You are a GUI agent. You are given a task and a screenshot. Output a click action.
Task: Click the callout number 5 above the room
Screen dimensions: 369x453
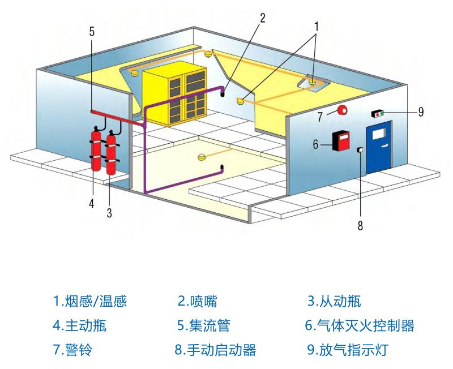(92, 31)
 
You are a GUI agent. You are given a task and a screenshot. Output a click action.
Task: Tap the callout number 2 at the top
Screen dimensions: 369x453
(262, 16)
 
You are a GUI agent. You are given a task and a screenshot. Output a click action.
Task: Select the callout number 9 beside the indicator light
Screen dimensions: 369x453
(421, 112)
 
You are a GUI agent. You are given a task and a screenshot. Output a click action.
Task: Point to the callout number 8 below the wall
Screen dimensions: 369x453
(360, 225)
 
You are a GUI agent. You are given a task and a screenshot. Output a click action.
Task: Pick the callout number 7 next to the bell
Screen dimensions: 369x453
(319, 117)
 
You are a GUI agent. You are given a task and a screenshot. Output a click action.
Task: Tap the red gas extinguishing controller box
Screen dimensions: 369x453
(341, 140)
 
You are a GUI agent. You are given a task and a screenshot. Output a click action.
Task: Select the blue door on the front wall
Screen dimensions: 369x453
(378, 149)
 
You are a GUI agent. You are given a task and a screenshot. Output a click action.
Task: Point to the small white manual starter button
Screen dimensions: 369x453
(360, 150)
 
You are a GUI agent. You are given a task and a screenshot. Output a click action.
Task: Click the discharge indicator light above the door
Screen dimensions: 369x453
(378, 114)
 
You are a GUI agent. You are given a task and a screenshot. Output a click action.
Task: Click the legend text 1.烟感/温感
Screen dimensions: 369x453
(90, 301)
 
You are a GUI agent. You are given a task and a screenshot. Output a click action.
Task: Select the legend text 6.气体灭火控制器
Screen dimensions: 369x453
(360, 325)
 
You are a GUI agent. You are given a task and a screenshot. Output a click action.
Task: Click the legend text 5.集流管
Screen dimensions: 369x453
(203, 325)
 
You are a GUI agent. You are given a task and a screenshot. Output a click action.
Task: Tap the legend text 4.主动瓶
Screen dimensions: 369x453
(79, 325)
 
